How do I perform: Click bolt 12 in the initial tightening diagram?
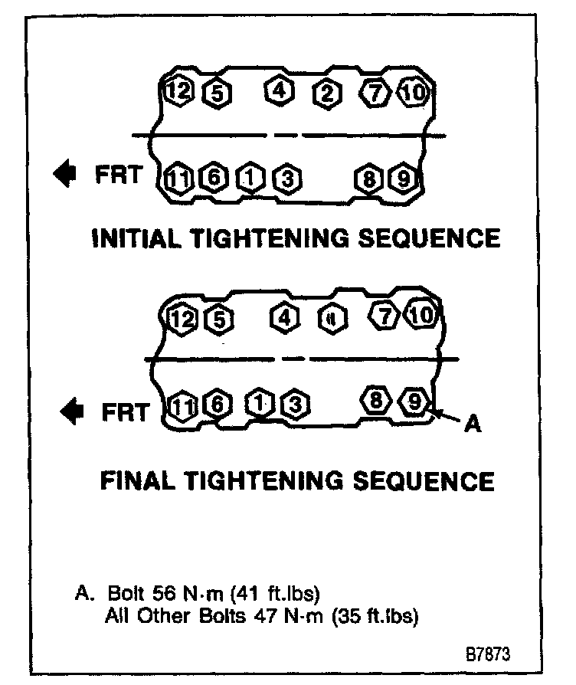click(x=178, y=92)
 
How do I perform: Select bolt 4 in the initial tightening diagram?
click(x=279, y=91)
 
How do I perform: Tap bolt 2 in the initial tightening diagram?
click(x=327, y=94)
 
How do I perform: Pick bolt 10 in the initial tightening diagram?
click(x=413, y=93)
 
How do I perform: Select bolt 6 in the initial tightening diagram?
click(x=213, y=179)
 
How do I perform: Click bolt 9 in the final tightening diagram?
click(x=414, y=401)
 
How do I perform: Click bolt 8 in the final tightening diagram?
click(x=375, y=400)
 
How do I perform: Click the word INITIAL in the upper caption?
click(x=138, y=238)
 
